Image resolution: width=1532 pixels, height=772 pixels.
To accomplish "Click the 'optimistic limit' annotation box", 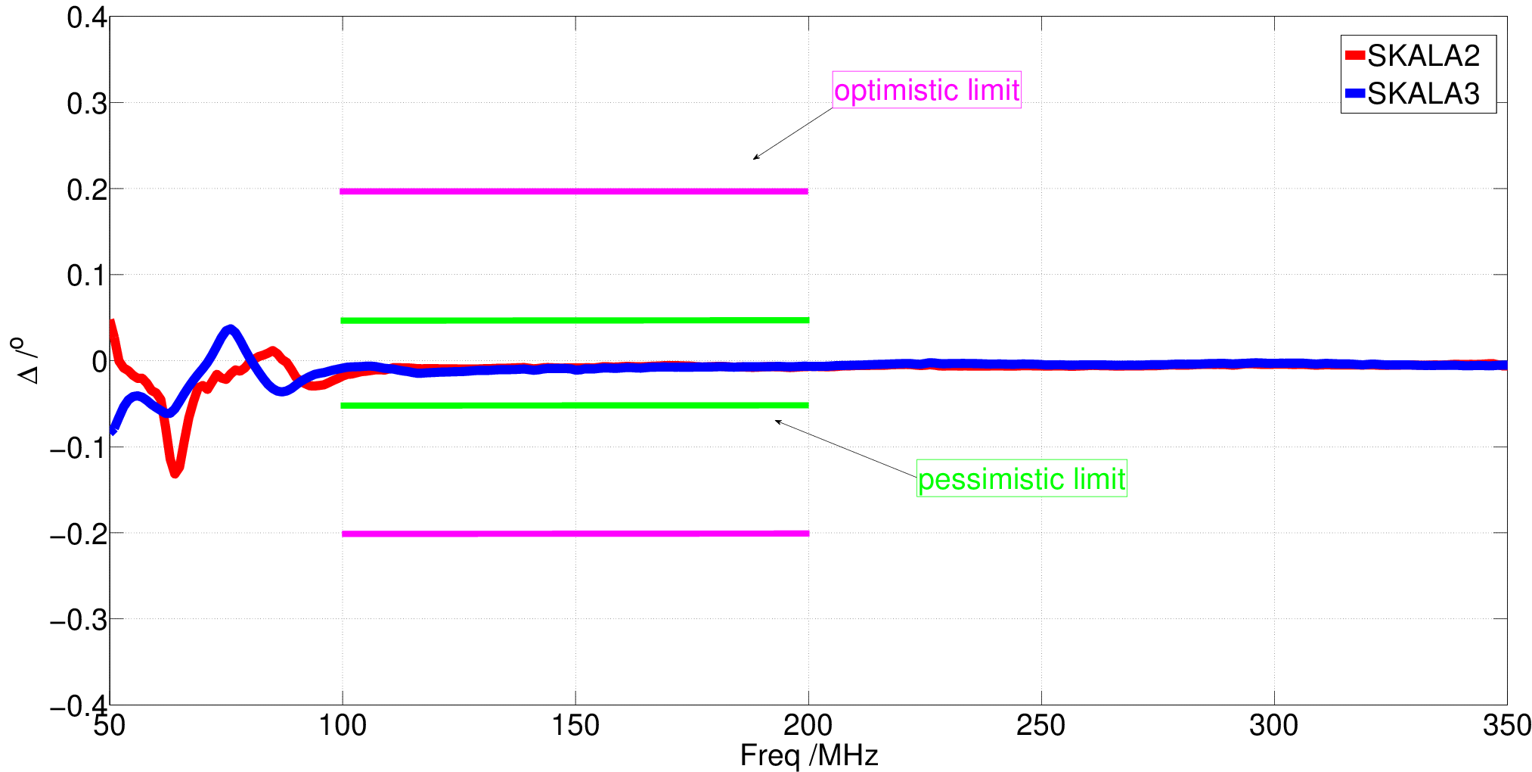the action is pos(926,90).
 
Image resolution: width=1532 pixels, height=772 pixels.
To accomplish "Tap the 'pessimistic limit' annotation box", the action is pos(1022,478).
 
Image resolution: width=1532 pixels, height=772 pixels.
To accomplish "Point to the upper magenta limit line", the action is pos(574,191).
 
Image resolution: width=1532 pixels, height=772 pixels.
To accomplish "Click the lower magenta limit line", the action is pos(575,534).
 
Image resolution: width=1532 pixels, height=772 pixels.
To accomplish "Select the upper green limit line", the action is pos(575,320).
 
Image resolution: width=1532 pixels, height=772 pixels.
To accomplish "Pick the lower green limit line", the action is pos(575,406).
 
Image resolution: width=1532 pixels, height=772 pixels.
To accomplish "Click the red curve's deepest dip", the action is pos(175,474).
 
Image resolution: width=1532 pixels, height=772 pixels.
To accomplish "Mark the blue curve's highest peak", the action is pos(231,328).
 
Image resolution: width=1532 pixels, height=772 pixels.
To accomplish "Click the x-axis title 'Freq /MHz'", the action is pos(808,755).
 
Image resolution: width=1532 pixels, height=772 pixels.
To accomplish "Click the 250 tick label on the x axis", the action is pos(1041,725).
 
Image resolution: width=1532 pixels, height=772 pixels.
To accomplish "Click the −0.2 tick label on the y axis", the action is pos(78,534).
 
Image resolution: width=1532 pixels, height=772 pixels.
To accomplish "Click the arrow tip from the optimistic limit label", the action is pos(752,160).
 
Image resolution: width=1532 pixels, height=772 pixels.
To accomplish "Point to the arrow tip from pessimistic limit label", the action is pos(775,421).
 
